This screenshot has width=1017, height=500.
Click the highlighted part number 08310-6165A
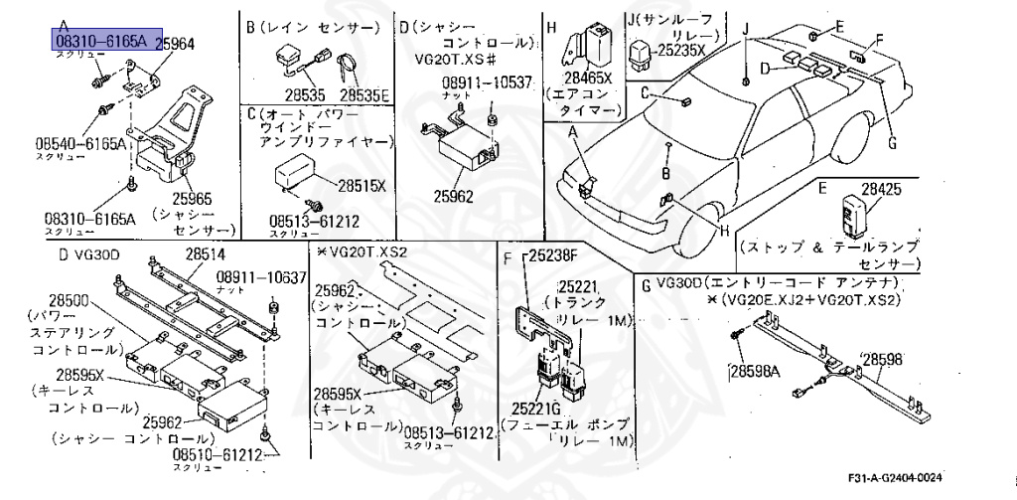100,40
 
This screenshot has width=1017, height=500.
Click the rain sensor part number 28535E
364,95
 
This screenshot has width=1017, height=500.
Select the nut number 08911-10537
487,83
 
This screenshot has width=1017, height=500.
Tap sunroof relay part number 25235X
680,49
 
